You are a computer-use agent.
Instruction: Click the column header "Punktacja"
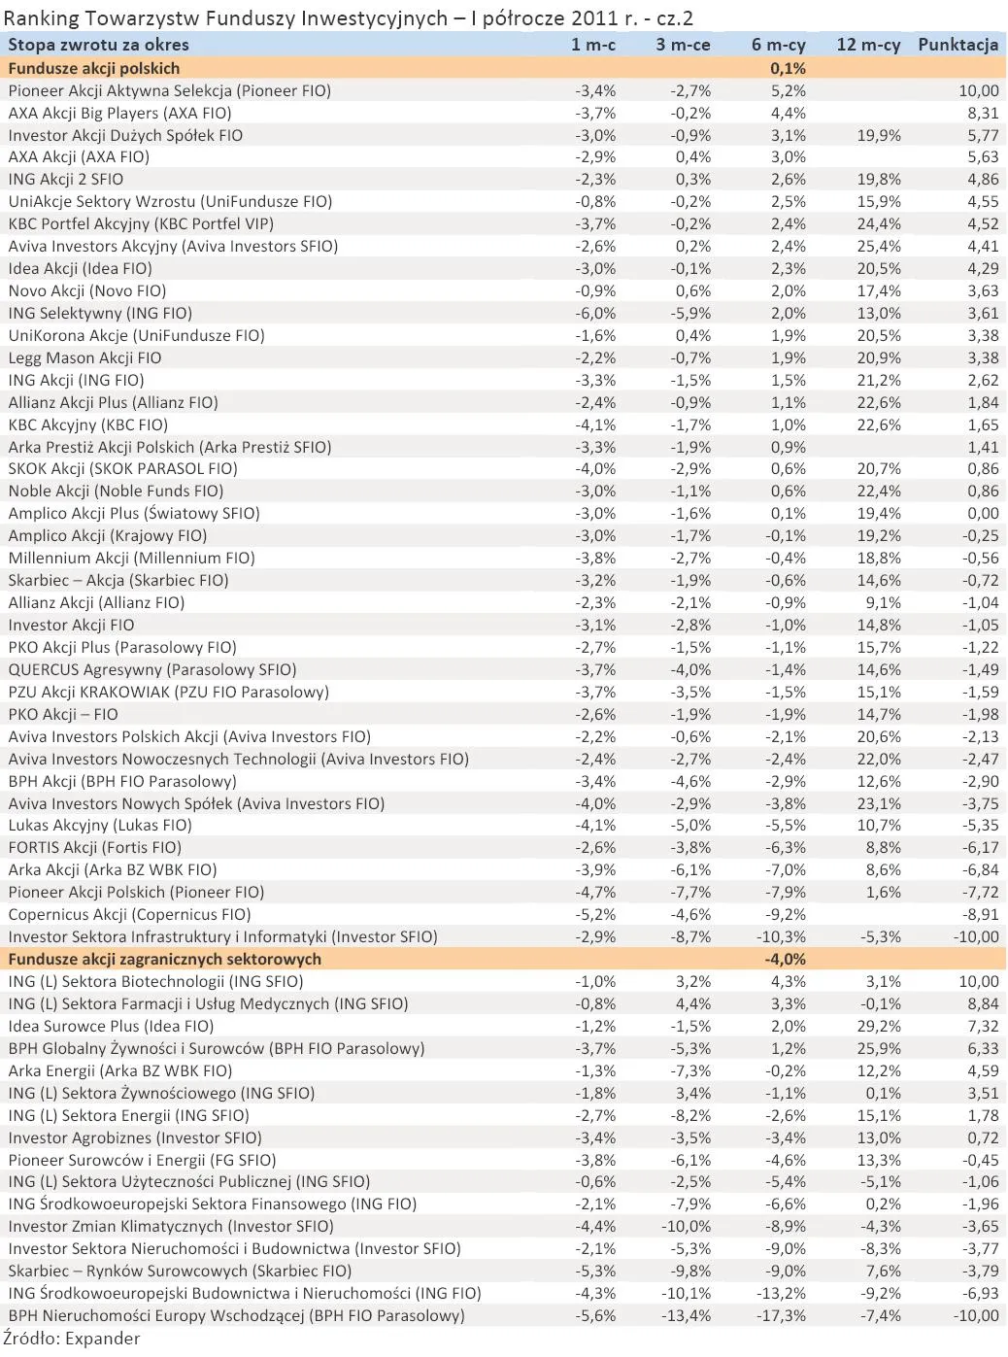pyautogui.click(x=958, y=45)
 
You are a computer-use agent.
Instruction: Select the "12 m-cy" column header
pyautogui.click(x=868, y=45)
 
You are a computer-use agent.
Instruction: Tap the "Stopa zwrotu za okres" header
pyautogui.click(x=98, y=45)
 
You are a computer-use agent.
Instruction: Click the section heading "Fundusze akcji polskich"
pyautogui.click(x=93, y=68)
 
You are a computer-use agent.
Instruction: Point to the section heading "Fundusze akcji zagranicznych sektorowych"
pyautogui.click(x=164, y=959)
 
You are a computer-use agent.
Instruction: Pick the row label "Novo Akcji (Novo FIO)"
pyautogui.click(x=87, y=290)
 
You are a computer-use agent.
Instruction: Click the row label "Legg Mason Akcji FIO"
pyautogui.click(x=84, y=357)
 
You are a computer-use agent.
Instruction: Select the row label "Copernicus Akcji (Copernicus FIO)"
pyautogui.click(x=129, y=914)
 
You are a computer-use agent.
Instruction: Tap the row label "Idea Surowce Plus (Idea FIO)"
pyautogui.click(x=111, y=1026)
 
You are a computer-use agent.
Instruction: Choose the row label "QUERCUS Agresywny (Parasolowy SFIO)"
pyautogui.click(x=152, y=669)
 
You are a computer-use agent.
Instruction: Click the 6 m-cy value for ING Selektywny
pyautogui.click(x=788, y=313)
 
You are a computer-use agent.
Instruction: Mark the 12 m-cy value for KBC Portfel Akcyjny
pyautogui.click(x=879, y=223)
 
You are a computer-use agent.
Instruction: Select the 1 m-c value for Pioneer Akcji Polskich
pyautogui.click(x=595, y=892)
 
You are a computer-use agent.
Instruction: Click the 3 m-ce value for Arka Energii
pyautogui.click(x=690, y=1070)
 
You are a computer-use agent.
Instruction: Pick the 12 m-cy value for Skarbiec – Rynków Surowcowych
pyautogui.click(x=883, y=1271)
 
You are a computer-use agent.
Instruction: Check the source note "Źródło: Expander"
pyautogui.click(x=71, y=1339)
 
